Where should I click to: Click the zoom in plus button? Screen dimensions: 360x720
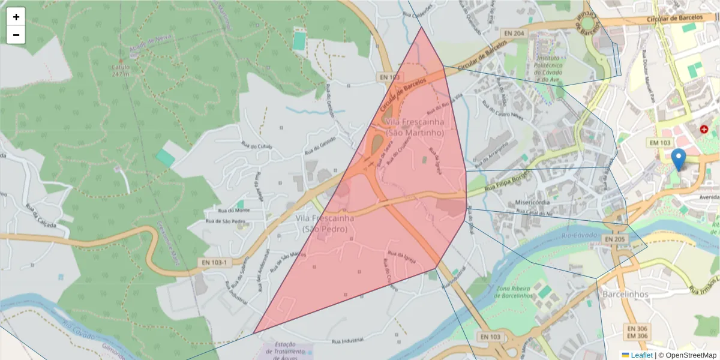[16, 17]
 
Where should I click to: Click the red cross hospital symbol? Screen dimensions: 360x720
[704, 129]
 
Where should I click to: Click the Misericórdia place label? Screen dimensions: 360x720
[532, 203]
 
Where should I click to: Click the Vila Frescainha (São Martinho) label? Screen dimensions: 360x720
[415, 127]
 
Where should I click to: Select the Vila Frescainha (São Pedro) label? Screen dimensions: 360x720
[325, 223]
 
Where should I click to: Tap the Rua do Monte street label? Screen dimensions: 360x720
[234, 210]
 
